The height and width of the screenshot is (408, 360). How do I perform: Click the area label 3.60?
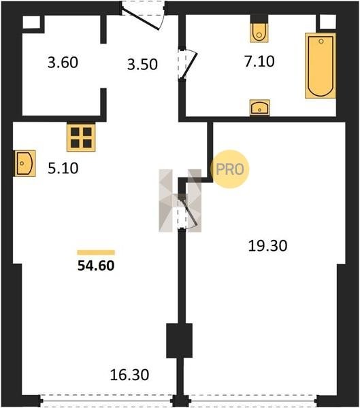[x=63, y=63]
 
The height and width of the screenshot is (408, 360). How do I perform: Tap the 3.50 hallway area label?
[x=142, y=65]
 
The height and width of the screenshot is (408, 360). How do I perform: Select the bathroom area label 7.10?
[x=259, y=62]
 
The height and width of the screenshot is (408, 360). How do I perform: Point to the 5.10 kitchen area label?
[x=63, y=168]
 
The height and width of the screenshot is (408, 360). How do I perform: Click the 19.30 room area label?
[x=267, y=245]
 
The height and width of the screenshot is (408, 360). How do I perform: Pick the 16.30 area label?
[x=129, y=375]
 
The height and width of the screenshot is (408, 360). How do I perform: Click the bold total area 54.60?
[x=96, y=266]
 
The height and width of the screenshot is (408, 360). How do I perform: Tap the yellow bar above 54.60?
[x=96, y=252]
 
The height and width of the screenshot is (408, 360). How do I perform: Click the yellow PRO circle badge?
[x=230, y=169]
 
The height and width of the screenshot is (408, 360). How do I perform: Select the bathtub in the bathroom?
[x=321, y=65]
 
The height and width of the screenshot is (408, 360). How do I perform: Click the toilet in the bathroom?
[x=259, y=32]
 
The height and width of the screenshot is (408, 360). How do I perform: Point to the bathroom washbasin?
[x=259, y=107]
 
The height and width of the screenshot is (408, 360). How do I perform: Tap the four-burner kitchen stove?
[x=81, y=137]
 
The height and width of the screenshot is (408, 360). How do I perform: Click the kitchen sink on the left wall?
[x=24, y=163]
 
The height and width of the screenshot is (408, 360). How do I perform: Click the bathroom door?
[x=188, y=64]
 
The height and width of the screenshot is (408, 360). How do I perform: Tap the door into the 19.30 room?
[x=187, y=212]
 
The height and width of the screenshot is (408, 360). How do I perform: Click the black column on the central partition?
[x=179, y=341]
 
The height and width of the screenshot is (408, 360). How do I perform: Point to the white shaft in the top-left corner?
[x=31, y=22]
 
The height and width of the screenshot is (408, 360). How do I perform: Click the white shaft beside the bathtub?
[x=328, y=22]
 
